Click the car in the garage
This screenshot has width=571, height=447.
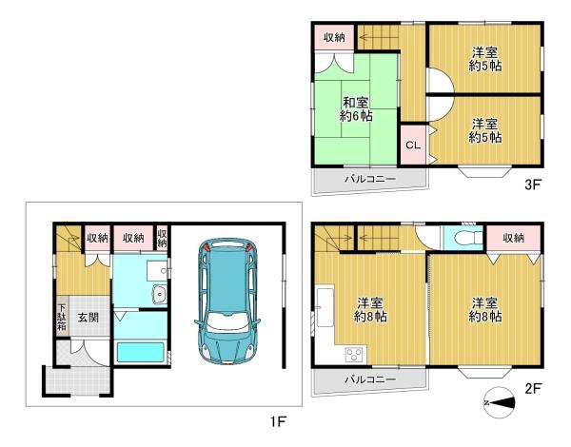point(227,301)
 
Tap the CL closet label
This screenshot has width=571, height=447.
point(413,145)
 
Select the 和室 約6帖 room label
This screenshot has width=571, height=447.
point(356,108)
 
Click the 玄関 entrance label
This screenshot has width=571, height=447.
point(89,318)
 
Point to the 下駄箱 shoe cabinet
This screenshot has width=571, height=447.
point(62,316)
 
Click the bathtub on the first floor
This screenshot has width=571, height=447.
point(140,352)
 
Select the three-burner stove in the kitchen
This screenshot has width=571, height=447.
point(354,354)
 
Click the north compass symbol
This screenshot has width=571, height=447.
point(499,402)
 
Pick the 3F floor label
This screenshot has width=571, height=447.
point(532,185)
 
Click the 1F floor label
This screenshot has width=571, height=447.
point(278,422)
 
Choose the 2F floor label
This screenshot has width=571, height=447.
point(533,389)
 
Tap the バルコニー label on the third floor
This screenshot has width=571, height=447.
point(370,179)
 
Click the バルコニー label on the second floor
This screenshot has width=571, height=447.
point(370,379)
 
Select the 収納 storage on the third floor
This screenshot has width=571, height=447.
point(334,37)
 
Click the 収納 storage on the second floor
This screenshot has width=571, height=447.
point(514,238)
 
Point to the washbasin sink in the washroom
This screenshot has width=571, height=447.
point(160,294)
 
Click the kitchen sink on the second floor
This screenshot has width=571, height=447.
point(325,307)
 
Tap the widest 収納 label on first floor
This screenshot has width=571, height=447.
point(133,238)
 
